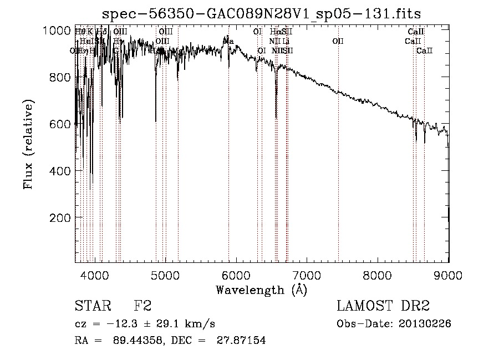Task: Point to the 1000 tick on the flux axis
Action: (x=57, y=31)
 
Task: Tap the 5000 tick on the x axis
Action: (x=165, y=275)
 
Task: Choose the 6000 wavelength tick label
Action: (x=236, y=275)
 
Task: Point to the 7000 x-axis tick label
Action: (x=307, y=275)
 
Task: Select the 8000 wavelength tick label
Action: (x=378, y=275)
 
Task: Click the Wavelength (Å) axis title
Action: (x=261, y=290)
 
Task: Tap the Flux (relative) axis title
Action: (x=28, y=145)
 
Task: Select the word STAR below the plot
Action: (x=89, y=306)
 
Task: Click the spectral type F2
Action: (x=142, y=306)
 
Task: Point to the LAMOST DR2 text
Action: (x=383, y=306)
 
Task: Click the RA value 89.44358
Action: (x=130, y=341)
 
